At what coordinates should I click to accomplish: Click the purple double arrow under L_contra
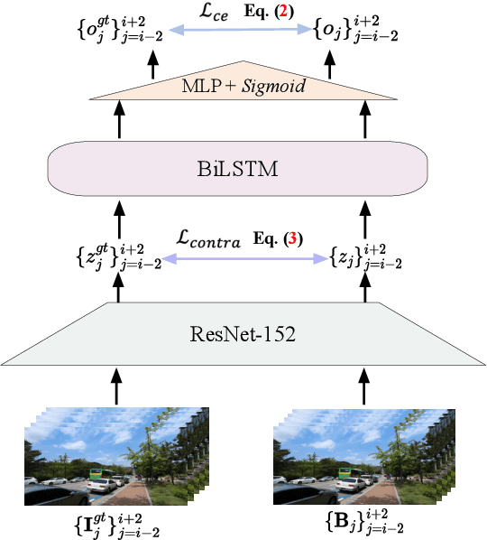(x=243, y=258)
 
